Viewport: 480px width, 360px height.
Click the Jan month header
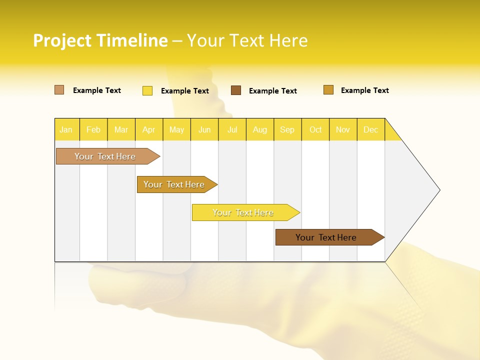pos(66,129)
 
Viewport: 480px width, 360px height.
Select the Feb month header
pos(93,129)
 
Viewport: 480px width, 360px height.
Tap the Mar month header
pos(121,129)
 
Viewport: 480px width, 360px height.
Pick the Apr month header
pos(149,129)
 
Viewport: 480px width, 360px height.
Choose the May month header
pos(176,129)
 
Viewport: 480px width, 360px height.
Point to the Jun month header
pos(204,129)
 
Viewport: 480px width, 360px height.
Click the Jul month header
pos(232,129)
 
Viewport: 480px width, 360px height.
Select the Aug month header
pos(260,129)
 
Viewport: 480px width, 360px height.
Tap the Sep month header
pos(287,129)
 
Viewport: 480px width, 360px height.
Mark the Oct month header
pos(315,129)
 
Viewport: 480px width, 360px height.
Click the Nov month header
pos(343,129)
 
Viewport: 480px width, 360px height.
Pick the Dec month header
pos(371,129)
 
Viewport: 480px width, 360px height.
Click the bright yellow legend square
pos(147,90)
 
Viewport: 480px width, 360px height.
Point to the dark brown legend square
pos(236,90)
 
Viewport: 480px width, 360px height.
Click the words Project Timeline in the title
pos(100,40)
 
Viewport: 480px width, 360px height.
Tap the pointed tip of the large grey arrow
pos(438,190)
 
